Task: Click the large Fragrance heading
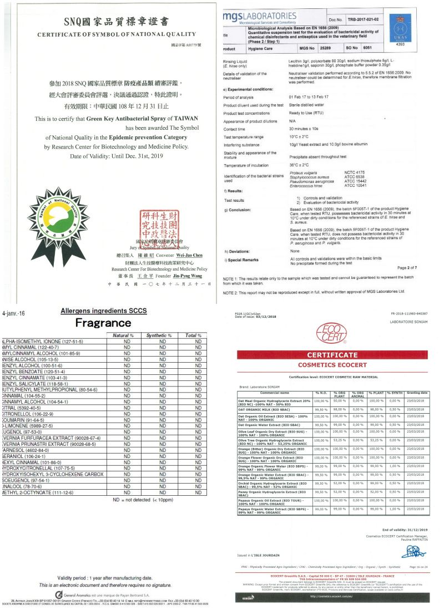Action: tap(103, 323)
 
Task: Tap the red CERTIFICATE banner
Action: tap(332, 355)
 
